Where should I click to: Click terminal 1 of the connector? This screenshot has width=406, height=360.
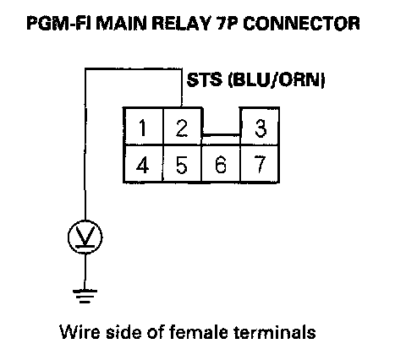(143, 126)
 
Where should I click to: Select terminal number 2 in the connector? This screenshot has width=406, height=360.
(183, 126)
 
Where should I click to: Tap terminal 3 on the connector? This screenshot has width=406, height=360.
(260, 126)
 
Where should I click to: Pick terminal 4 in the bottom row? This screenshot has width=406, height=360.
(143, 164)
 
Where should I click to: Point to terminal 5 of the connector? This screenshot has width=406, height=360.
(182, 164)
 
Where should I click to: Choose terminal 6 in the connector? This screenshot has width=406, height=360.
(221, 164)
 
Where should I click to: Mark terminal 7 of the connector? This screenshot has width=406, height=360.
(260, 164)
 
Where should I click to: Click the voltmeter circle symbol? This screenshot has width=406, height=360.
(85, 237)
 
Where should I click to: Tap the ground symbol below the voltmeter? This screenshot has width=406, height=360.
(85, 297)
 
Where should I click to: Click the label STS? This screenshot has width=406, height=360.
(205, 79)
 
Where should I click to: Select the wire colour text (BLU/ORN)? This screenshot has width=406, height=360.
(277, 80)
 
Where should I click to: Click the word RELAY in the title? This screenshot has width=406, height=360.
(182, 23)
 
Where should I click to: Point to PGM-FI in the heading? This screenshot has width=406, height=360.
(59, 23)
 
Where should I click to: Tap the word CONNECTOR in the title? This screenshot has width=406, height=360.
(301, 23)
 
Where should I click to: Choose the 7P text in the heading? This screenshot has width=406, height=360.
(228, 23)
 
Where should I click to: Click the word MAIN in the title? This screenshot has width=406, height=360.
(122, 23)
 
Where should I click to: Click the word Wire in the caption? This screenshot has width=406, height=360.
(80, 331)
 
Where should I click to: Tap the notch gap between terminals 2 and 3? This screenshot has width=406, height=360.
(222, 121)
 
